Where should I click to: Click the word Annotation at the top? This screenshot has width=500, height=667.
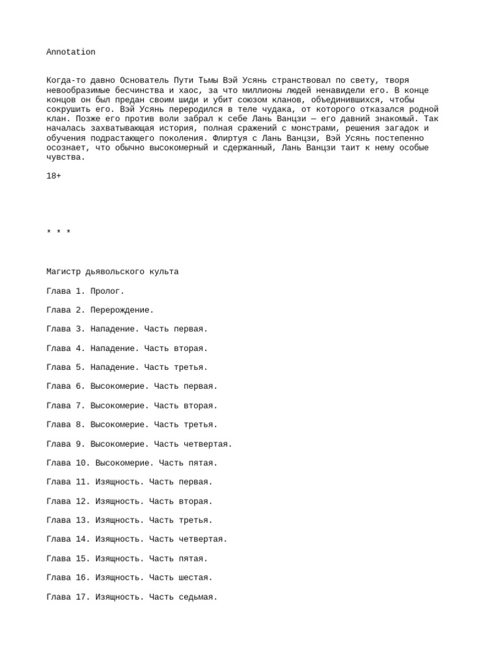coord(71,52)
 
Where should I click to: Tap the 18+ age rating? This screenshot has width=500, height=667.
coord(54,177)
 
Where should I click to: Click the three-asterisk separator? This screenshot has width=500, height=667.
coord(59,233)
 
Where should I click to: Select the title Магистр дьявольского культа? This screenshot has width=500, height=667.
coord(113,272)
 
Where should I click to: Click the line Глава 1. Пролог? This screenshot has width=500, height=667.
coord(85,291)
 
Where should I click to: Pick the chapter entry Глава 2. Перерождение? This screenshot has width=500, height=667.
coord(100,310)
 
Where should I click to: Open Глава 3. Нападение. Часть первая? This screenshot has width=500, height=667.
coord(127,329)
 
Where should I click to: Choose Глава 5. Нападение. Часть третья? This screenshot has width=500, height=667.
coord(127,367)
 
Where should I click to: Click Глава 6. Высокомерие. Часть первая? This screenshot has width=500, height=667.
coord(132,386)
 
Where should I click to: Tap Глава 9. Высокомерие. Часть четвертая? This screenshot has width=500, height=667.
coord(139,444)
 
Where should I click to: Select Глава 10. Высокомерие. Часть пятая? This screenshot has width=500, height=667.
coord(132,463)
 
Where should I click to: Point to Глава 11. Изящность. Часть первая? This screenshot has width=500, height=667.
coord(130,482)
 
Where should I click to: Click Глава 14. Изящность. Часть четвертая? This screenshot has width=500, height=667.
coord(137,539)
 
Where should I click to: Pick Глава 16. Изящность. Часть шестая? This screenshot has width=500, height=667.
coord(130,577)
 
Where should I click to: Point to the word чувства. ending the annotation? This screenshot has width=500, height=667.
coord(66,157)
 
